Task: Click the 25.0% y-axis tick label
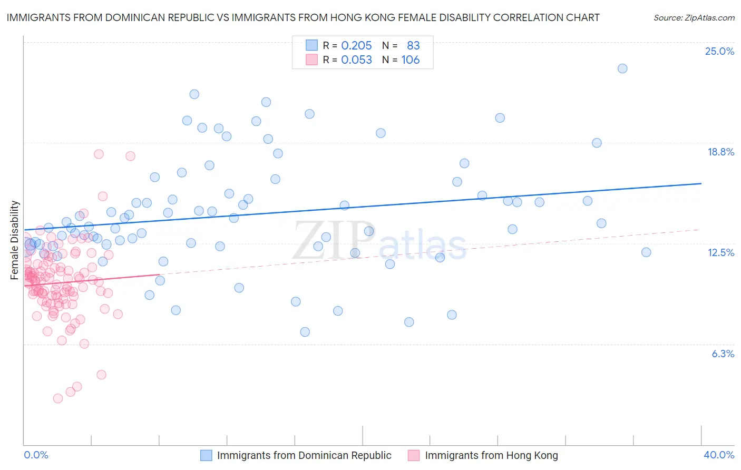(719, 51)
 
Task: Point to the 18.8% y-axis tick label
(720, 152)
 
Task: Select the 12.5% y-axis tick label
(720, 252)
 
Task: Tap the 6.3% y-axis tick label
(723, 354)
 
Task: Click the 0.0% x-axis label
(36, 455)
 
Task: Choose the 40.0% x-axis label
(718, 455)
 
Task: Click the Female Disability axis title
(15, 240)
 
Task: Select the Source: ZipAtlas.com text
(694, 17)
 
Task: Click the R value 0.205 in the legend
(356, 46)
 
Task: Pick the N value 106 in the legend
(410, 60)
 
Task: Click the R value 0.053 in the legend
(356, 60)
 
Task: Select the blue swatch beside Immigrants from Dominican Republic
(206, 455)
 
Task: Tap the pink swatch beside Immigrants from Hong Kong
(414, 455)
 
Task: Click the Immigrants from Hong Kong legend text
(491, 455)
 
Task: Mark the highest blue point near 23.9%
(622, 68)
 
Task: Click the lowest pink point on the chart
(58, 398)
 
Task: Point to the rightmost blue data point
(646, 252)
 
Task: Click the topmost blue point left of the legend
(194, 94)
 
